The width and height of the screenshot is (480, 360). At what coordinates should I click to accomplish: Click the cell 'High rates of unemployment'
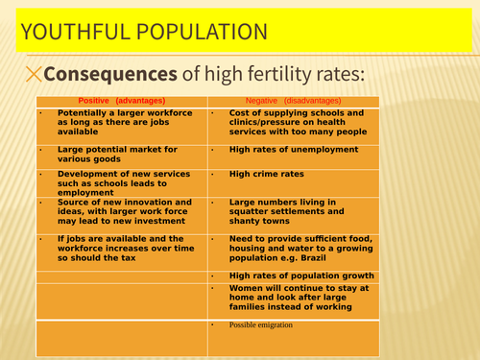(291, 151)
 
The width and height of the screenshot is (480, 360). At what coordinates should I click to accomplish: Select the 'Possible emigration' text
(261, 325)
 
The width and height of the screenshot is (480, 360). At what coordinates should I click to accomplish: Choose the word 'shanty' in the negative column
(247, 223)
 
